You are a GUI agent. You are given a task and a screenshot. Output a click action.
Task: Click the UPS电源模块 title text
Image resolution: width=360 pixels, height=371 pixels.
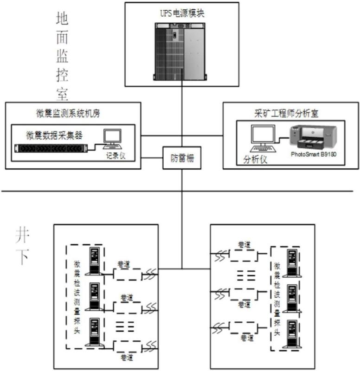point(182,14)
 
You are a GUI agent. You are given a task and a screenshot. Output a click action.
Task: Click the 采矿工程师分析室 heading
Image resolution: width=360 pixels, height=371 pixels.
point(290,112)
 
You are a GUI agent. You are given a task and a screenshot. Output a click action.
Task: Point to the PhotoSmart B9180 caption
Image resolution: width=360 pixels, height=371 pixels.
point(313,154)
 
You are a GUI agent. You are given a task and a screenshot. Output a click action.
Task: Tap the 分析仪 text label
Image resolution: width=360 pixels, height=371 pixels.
point(255,159)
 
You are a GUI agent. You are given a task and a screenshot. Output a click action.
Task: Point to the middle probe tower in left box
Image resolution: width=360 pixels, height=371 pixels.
point(95,297)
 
